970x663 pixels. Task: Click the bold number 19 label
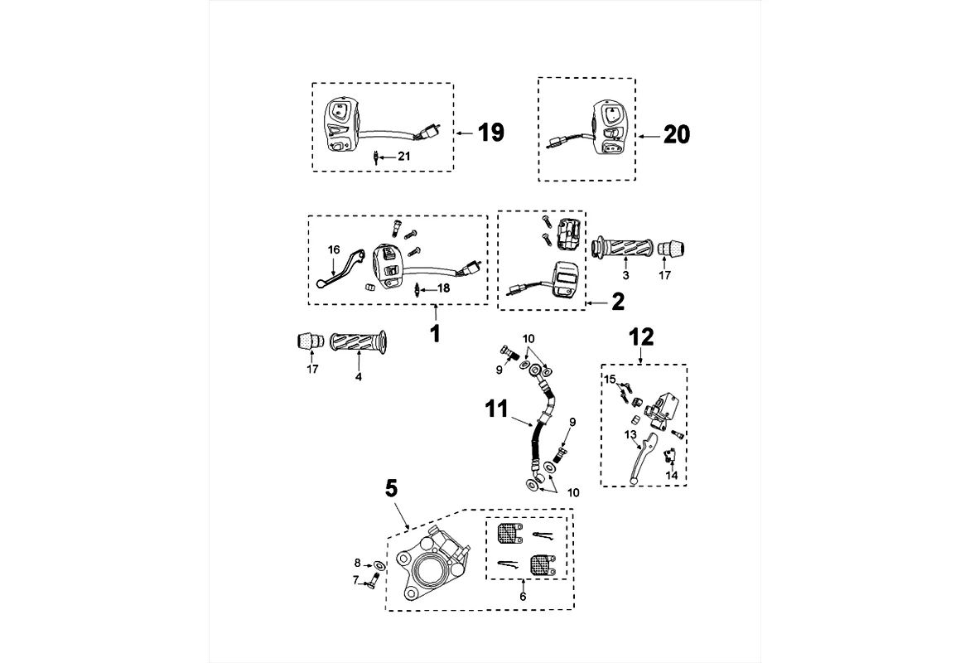click(x=491, y=133)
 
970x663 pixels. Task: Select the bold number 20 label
click(x=677, y=134)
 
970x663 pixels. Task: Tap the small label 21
click(x=403, y=155)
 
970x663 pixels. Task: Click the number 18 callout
click(x=443, y=288)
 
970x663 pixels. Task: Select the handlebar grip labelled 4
click(x=357, y=341)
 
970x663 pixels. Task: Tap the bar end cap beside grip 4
click(x=309, y=340)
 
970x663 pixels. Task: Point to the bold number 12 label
click(x=642, y=336)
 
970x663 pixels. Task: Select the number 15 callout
click(x=609, y=380)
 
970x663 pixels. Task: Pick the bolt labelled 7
click(x=367, y=583)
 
